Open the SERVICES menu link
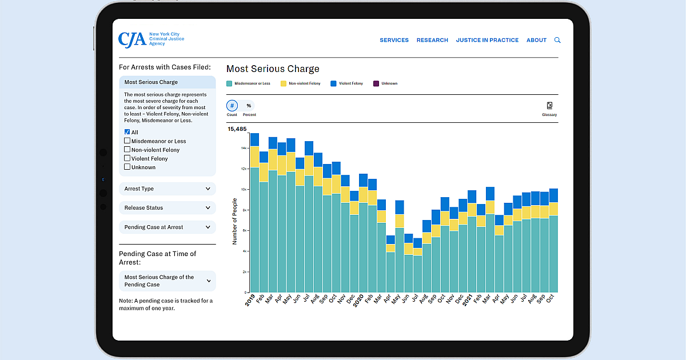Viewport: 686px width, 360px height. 394,40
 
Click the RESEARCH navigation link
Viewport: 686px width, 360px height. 432,40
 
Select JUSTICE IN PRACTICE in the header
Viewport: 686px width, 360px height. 487,40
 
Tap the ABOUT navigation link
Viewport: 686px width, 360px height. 536,40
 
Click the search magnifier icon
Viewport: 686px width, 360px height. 557,40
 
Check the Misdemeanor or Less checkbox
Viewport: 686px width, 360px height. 127,141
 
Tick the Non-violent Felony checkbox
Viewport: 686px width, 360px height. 127,150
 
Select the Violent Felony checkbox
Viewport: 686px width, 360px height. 127,158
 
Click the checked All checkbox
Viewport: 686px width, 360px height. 127,132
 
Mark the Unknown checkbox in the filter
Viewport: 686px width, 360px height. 127,167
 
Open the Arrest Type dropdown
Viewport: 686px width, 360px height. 167,189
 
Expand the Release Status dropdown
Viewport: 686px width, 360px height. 167,208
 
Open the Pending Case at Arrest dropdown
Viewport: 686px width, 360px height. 167,227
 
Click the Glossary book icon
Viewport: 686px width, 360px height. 549,106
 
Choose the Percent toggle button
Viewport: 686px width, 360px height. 249,106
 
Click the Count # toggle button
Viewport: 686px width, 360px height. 232,106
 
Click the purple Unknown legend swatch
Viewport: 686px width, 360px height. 376,83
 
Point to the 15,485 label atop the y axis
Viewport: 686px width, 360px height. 237,129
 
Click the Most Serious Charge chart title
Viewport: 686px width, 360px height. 273,69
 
